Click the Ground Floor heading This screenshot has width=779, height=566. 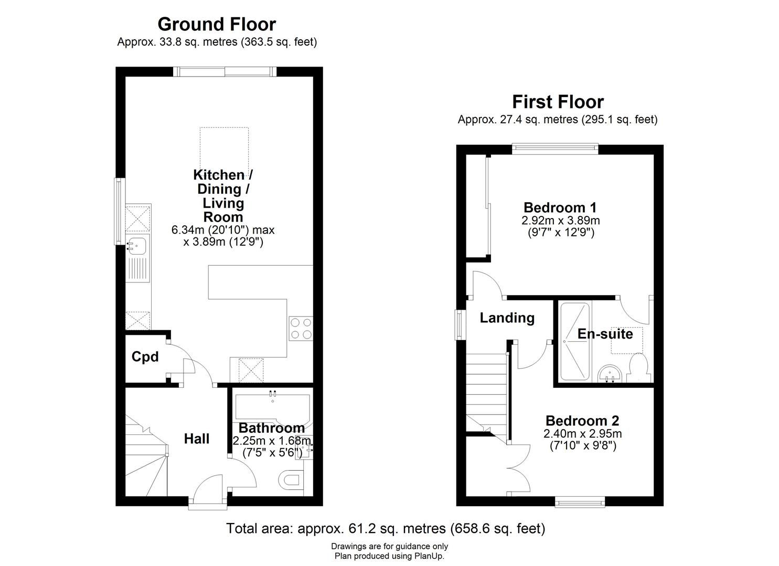[216, 24]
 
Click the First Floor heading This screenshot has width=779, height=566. [558, 101]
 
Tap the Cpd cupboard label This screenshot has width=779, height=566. [145, 357]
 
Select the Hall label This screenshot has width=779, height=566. [197, 439]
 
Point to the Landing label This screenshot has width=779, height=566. [507, 318]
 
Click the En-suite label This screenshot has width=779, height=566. [605, 334]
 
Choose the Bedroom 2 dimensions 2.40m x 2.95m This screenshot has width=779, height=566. [582, 434]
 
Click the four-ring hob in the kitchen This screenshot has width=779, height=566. [301, 329]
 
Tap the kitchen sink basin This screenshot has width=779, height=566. [138, 245]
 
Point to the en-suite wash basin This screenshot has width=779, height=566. [609, 373]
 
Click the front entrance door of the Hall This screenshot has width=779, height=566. [209, 493]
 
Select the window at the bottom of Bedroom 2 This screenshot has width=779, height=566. [581, 503]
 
